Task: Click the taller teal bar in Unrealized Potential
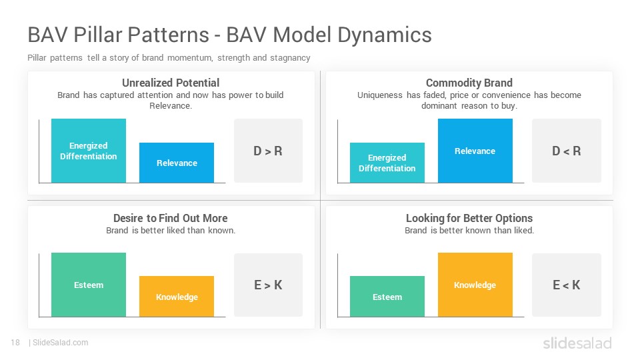click(x=89, y=151)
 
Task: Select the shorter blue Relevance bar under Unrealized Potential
click(x=177, y=163)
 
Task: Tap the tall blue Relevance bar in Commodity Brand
click(x=475, y=151)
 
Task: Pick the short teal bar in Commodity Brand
click(x=387, y=163)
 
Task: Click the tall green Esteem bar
click(x=89, y=285)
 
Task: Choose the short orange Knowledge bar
click(x=177, y=296)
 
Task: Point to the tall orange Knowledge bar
click(x=475, y=285)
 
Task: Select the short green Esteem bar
click(x=387, y=296)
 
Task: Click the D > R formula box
click(x=268, y=151)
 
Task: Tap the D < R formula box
click(x=567, y=151)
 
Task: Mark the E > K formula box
click(x=268, y=285)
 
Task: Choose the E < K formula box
click(x=567, y=285)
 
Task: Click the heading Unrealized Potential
click(x=171, y=83)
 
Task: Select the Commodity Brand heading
click(x=469, y=83)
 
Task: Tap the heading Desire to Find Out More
click(x=171, y=218)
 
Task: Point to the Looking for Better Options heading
click(x=469, y=219)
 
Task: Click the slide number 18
click(x=15, y=343)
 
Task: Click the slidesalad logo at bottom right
click(x=577, y=343)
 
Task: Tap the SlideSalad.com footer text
click(x=61, y=343)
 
